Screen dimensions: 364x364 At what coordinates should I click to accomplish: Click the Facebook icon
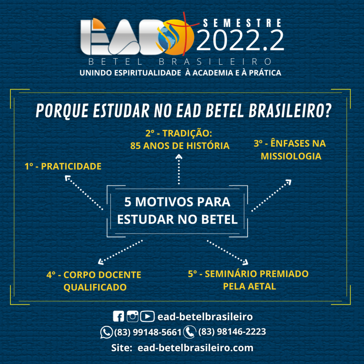click(x=118, y=316)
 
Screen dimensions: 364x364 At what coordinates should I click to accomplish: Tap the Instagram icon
click(x=133, y=316)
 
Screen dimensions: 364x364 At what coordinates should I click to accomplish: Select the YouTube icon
click(x=147, y=316)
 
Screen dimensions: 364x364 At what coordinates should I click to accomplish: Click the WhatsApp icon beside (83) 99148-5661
click(x=106, y=332)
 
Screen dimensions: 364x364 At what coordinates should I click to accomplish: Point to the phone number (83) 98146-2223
click(x=232, y=332)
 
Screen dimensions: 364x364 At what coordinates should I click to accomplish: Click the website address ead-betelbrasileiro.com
click(x=195, y=348)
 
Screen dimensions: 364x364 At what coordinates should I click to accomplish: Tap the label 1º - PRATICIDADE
click(x=63, y=166)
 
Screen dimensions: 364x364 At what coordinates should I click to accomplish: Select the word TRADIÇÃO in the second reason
click(x=187, y=133)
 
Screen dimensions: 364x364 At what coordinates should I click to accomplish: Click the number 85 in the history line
click(x=135, y=146)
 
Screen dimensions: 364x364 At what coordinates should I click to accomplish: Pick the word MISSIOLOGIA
click(x=291, y=156)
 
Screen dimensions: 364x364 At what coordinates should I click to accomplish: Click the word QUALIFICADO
click(x=95, y=287)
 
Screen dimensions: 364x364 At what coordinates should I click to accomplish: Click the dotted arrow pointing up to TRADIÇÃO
click(x=179, y=169)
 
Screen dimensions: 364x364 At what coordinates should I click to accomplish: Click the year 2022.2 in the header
click(x=240, y=40)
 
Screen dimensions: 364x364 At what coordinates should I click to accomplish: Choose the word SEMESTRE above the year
click(x=242, y=23)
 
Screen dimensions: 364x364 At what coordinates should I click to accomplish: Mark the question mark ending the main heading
click(x=328, y=111)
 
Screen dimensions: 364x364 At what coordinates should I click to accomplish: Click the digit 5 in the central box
click(x=128, y=202)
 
